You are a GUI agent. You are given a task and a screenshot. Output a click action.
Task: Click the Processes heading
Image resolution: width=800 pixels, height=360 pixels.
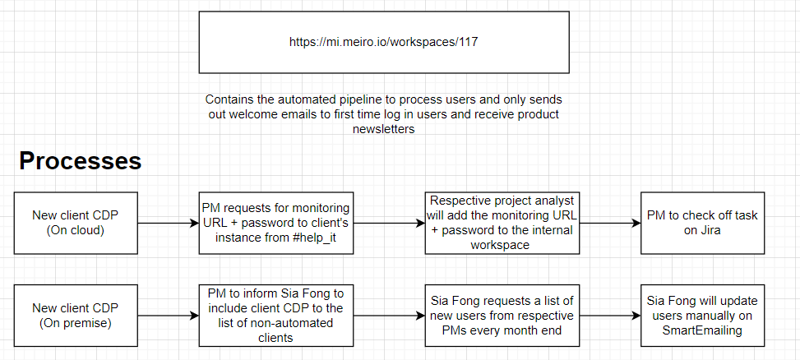click(80, 161)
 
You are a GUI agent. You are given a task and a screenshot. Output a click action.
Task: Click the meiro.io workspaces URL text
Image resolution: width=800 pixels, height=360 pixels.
click(384, 42)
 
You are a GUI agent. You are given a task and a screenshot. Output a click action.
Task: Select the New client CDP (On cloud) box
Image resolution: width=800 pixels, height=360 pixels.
click(76, 223)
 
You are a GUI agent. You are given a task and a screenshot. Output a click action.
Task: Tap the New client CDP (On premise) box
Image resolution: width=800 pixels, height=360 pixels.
click(76, 316)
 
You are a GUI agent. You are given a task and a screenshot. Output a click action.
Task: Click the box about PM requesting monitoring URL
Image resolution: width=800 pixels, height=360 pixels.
click(276, 223)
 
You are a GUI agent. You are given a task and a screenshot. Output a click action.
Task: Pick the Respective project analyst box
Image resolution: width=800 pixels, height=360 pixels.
click(502, 223)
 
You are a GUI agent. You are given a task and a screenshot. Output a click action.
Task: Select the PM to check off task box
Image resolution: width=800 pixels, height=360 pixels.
click(702, 223)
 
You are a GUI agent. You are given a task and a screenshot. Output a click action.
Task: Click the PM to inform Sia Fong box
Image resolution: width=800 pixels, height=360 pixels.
click(276, 316)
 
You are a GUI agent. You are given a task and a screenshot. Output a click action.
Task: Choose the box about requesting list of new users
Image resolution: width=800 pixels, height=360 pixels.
click(502, 316)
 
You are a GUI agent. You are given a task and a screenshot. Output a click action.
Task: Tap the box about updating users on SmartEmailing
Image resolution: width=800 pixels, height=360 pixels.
click(702, 316)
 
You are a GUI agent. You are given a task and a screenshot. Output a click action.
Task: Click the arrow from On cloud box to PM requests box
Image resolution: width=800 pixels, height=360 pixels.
click(169, 223)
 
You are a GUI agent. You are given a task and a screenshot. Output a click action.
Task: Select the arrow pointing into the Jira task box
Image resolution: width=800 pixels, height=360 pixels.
click(610, 223)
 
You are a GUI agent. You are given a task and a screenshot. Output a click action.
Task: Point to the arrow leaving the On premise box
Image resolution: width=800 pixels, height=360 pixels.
click(169, 316)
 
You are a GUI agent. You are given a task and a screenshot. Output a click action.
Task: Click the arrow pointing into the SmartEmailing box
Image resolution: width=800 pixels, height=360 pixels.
click(610, 316)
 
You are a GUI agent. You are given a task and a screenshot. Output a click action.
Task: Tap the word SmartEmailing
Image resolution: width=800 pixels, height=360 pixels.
click(702, 330)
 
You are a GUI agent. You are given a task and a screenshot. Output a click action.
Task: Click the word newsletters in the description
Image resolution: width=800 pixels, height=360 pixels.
click(384, 129)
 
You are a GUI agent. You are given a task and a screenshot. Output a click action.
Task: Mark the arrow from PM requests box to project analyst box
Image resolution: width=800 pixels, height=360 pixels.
click(389, 223)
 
